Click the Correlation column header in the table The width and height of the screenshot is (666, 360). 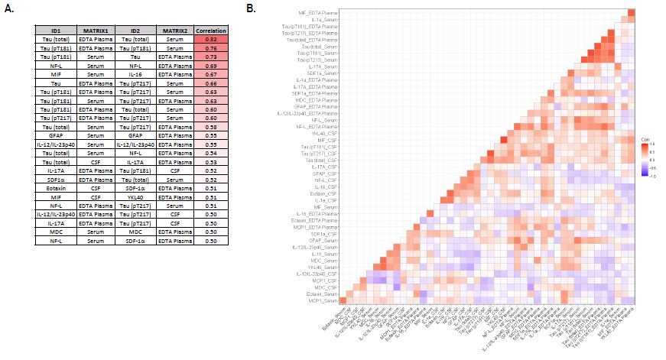click(210, 30)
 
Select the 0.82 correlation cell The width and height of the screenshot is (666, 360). click(210, 38)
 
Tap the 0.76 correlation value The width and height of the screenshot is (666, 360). click(210, 47)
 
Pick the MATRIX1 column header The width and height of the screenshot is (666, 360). click(97, 30)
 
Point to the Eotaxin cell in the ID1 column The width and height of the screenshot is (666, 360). click(56, 185)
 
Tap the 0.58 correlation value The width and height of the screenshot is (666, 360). click(210, 127)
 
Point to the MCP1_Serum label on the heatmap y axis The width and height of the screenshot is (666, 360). click(323, 301)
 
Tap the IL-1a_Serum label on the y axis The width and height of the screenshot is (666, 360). click(324, 20)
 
